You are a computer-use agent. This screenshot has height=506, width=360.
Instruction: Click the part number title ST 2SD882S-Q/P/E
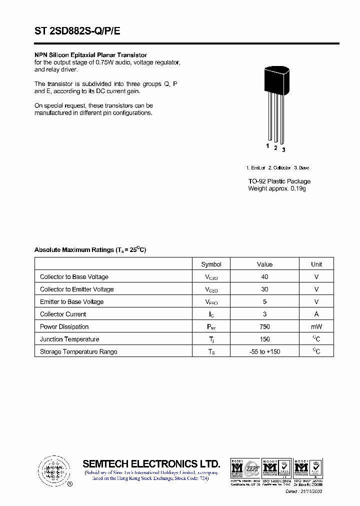click(77, 31)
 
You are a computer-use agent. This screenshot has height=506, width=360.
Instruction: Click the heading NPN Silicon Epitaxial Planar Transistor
click(90, 55)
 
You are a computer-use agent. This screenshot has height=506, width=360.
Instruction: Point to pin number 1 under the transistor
click(267, 146)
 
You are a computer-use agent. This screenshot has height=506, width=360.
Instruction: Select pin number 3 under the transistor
click(283, 149)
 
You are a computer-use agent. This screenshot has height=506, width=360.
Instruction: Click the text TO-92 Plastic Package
click(279, 181)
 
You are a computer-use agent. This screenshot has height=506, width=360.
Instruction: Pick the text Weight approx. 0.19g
click(276, 188)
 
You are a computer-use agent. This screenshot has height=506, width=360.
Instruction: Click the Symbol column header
click(211, 264)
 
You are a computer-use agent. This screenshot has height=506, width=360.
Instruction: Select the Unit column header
click(316, 264)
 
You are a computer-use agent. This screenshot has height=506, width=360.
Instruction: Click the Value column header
click(264, 264)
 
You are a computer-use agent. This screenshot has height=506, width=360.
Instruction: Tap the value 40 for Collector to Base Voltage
click(264, 276)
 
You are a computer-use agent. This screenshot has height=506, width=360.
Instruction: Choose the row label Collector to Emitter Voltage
click(76, 289)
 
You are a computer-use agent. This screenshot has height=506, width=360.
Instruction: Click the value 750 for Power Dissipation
click(264, 326)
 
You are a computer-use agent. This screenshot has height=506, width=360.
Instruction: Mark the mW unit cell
click(316, 326)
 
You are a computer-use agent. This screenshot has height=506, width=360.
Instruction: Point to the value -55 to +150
click(264, 351)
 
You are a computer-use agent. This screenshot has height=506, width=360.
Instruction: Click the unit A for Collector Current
click(316, 314)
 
